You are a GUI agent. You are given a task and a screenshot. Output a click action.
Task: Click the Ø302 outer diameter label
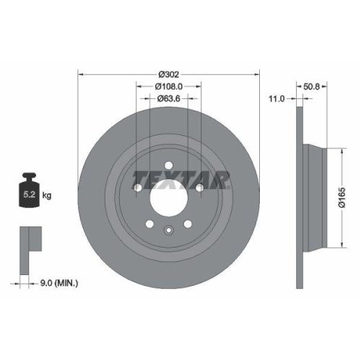point(168,73)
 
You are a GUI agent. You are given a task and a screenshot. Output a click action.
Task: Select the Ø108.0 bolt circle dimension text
point(168,84)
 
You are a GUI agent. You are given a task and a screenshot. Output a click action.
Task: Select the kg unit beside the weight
point(48,196)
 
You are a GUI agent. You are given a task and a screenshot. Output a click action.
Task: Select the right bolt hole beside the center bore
point(199,188)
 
